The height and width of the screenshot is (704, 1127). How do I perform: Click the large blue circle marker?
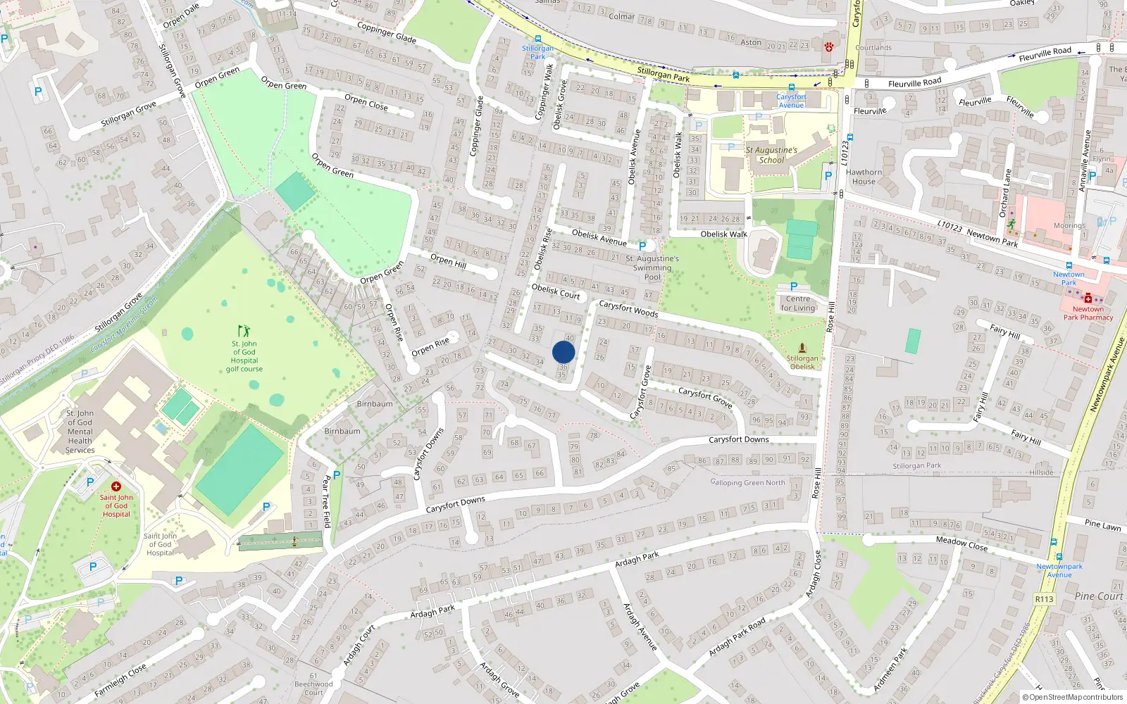pos(563,352)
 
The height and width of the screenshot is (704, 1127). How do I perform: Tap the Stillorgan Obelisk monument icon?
pos(802,348)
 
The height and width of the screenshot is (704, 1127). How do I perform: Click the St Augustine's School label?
pos(771,155)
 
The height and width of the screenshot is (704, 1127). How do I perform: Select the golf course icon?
pos(244,330)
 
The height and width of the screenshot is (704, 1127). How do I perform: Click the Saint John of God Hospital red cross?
pos(116,486)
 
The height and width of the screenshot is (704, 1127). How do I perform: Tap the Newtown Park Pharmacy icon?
pos(1088,298)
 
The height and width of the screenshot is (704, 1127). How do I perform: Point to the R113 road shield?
pos(1044,599)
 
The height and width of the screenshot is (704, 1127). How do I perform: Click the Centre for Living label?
pos(797,303)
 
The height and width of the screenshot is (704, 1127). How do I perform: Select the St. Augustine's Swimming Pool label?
pos(652,268)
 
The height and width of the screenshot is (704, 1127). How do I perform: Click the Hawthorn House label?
pos(864,177)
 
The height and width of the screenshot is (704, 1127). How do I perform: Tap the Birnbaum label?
pos(375,404)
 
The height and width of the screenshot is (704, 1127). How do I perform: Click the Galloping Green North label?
pos(747,482)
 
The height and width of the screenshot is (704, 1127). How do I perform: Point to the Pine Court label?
pos(1099,596)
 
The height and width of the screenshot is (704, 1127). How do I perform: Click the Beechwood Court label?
pos(313,688)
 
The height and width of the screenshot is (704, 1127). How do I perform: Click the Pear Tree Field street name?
pos(325,501)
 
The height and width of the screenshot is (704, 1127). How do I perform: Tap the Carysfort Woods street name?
pos(628,309)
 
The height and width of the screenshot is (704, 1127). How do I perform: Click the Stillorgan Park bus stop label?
pos(537,52)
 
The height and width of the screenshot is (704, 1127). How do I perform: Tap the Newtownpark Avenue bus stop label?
pos(1059,570)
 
